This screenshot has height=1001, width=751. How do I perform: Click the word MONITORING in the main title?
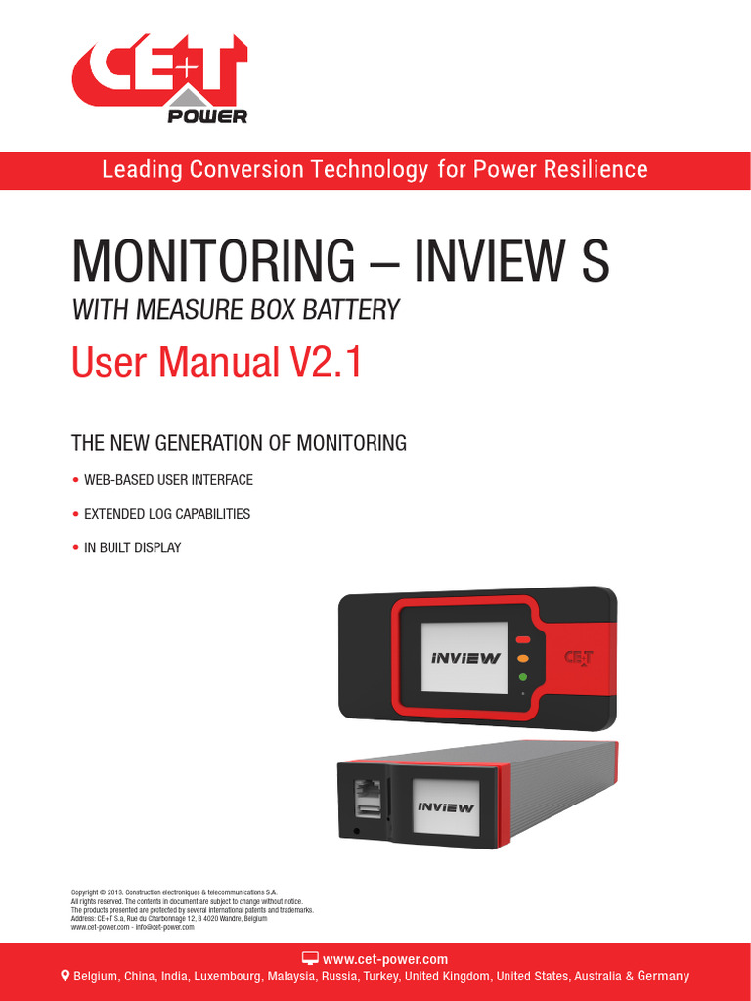point(213,262)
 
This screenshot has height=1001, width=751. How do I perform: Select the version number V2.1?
point(324,364)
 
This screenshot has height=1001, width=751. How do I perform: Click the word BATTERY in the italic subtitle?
point(353,311)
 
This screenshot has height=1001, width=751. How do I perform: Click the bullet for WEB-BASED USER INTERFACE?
point(76,480)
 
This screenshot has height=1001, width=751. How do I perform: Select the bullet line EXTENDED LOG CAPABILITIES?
point(166,514)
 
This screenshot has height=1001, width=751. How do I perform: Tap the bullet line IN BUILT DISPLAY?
point(132,547)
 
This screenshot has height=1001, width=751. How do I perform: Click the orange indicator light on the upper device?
point(522,658)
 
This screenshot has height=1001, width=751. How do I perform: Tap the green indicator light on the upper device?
point(522,676)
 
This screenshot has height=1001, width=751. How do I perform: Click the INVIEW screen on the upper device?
point(465,658)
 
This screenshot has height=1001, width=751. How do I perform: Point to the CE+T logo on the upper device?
point(578,659)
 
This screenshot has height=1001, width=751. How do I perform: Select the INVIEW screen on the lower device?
point(446,807)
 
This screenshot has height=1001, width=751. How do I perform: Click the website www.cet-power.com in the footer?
point(384,959)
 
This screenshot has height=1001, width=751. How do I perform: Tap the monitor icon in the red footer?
point(310,958)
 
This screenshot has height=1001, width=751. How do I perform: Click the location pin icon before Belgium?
point(66,976)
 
